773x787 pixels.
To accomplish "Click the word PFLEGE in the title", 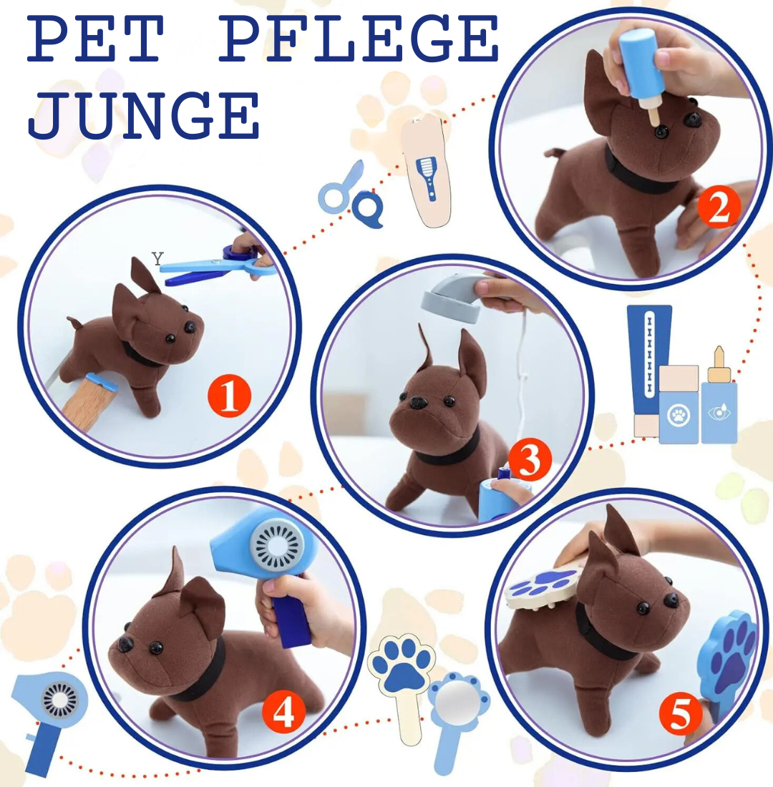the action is [x=359, y=39].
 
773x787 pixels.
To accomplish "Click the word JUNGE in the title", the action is [x=144, y=115].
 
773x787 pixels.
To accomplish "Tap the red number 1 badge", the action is [x=230, y=396].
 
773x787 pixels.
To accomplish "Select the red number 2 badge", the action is [x=719, y=207].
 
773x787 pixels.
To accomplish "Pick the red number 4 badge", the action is [x=283, y=711].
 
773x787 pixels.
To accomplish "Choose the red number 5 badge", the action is [x=681, y=715].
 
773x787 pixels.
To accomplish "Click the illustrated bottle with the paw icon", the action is [x=679, y=404].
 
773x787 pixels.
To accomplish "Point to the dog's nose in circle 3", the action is [x=417, y=402].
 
